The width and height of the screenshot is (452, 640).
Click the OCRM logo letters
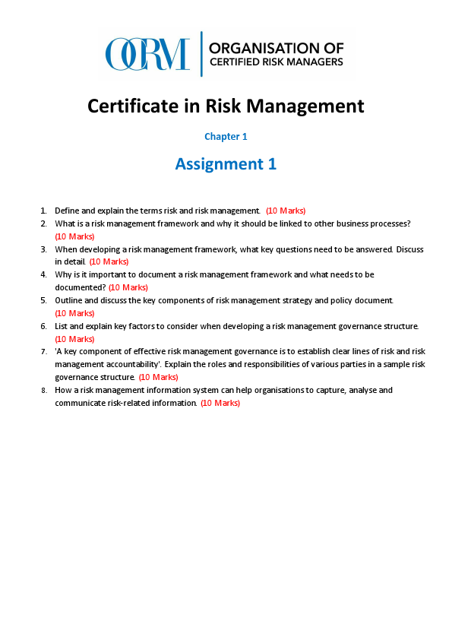(x=147, y=54)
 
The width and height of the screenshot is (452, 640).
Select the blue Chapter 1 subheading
(x=226, y=137)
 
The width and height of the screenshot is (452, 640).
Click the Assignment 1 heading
(x=226, y=163)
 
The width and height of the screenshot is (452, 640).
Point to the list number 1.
(x=43, y=211)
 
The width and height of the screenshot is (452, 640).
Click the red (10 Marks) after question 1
(x=286, y=211)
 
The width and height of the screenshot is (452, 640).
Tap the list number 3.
(x=43, y=249)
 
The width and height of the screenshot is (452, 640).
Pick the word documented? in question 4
(x=80, y=287)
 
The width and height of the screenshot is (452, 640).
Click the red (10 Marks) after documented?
(x=128, y=287)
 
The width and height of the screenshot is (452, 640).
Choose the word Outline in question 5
(x=68, y=300)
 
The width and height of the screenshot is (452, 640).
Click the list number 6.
(x=43, y=326)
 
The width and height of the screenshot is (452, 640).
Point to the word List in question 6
(x=62, y=326)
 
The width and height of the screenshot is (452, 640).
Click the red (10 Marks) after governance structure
(x=158, y=377)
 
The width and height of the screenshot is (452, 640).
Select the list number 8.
(x=43, y=390)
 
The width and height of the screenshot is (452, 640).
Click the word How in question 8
(x=63, y=390)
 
